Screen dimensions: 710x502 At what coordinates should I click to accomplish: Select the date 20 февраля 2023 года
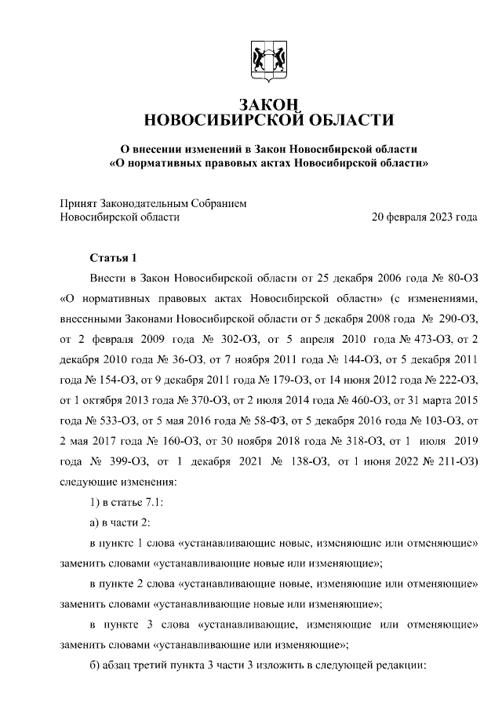click(x=424, y=217)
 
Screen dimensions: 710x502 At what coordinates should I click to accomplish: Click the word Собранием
click(x=220, y=203)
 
